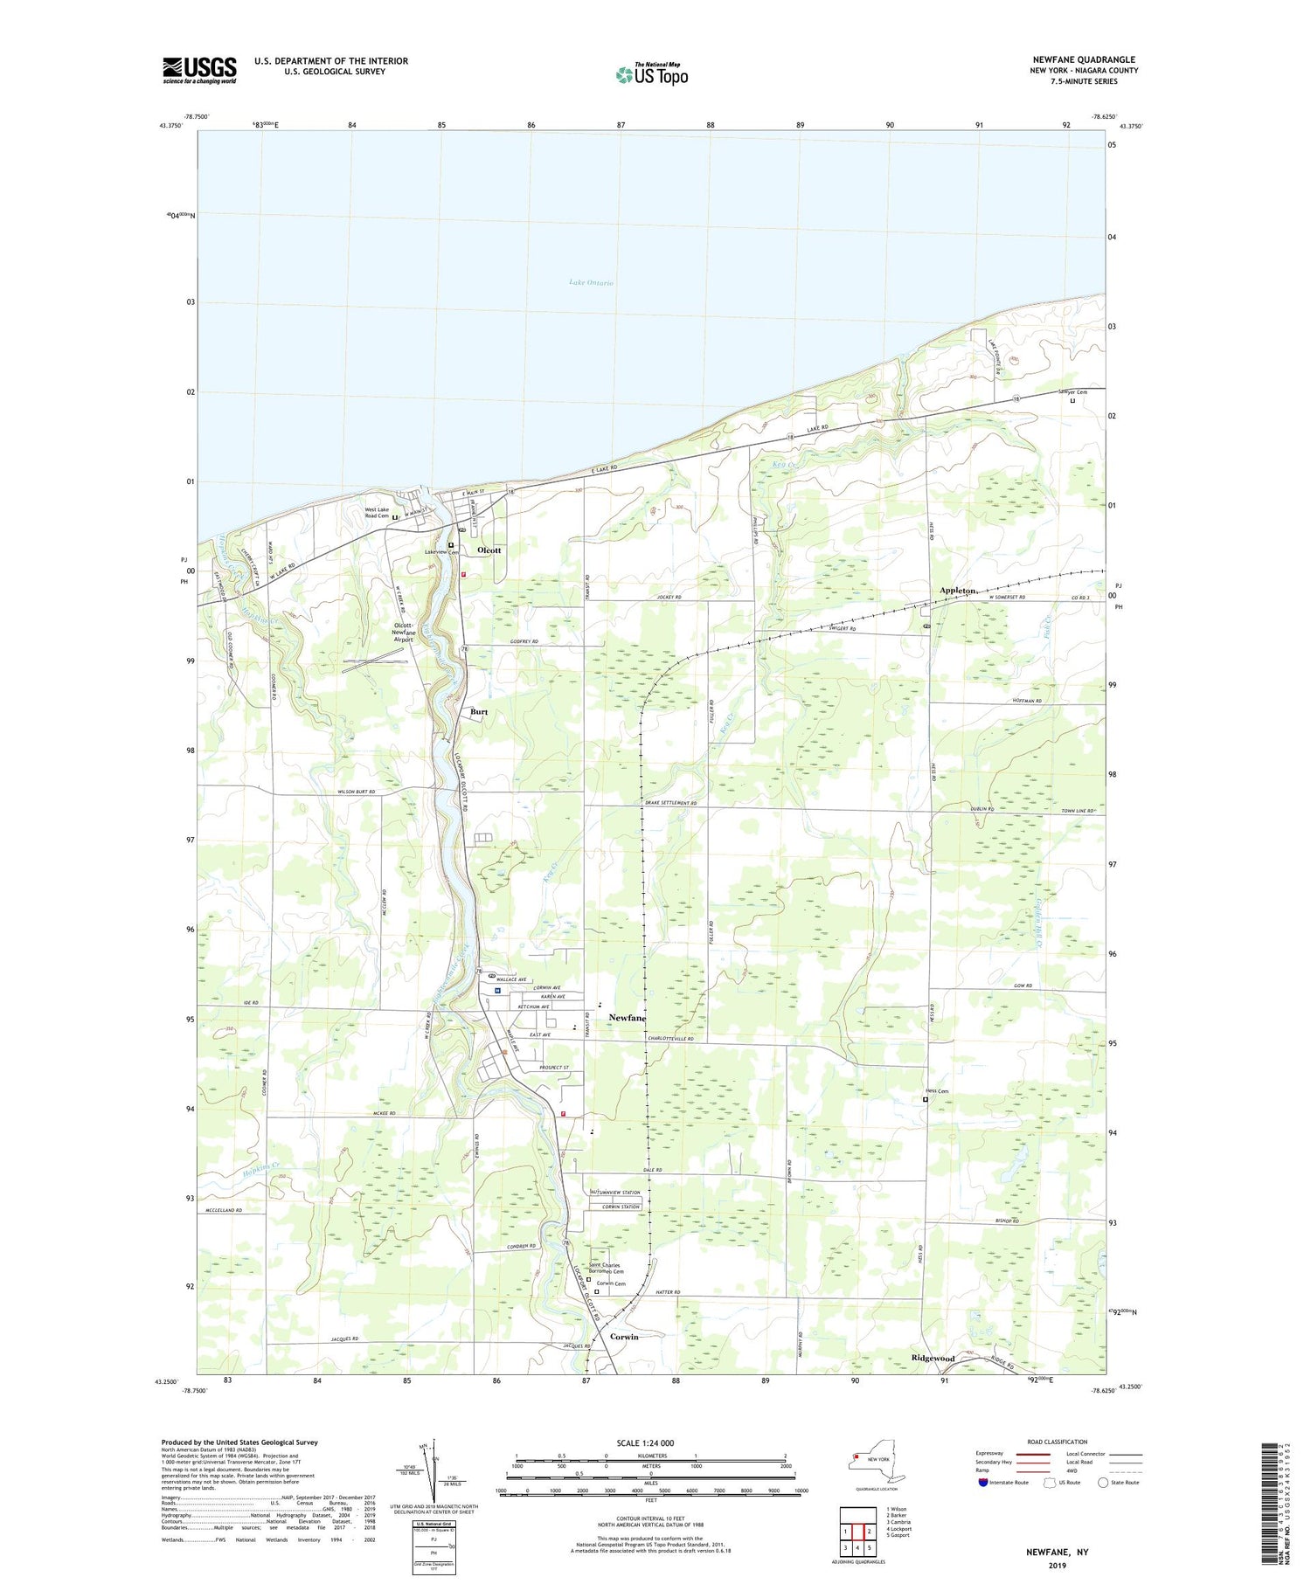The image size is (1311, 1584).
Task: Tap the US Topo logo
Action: click(651, 74)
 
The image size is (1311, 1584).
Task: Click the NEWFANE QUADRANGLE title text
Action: click(1083, 59)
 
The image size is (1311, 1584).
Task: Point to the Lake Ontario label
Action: click(591, 283)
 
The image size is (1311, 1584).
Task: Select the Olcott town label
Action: click(489, 550)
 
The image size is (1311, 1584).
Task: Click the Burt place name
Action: click(479, 712)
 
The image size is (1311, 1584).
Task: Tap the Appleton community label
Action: click(957, 591)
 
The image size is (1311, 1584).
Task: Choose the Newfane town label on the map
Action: click(628, 1018)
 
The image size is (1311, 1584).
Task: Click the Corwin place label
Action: click(624, 1337)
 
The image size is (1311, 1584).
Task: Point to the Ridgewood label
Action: click(933, 1359)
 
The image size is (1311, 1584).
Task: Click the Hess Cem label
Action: click(937, 1091)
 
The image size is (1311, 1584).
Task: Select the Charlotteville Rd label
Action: click(670, 1039)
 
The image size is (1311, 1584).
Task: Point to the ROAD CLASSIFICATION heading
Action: click(1058, 1442)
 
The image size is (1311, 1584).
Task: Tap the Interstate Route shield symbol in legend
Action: click(985, 1483)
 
